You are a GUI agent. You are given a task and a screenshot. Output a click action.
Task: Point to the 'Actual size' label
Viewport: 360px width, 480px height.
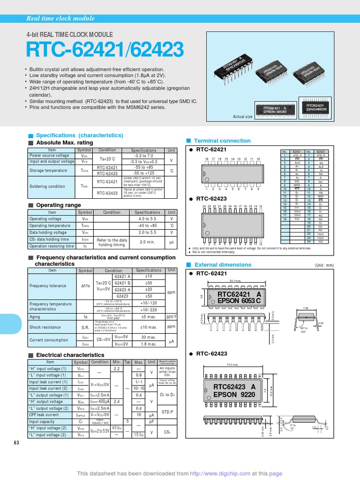pos(243,117)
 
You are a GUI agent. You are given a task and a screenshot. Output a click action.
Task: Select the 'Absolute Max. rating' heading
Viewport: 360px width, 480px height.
pos(64,142)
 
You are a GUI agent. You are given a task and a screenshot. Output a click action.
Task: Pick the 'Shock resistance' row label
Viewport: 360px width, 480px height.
pos(45,327)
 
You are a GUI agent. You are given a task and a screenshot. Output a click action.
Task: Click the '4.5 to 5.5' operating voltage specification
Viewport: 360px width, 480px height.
pos(148,218)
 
